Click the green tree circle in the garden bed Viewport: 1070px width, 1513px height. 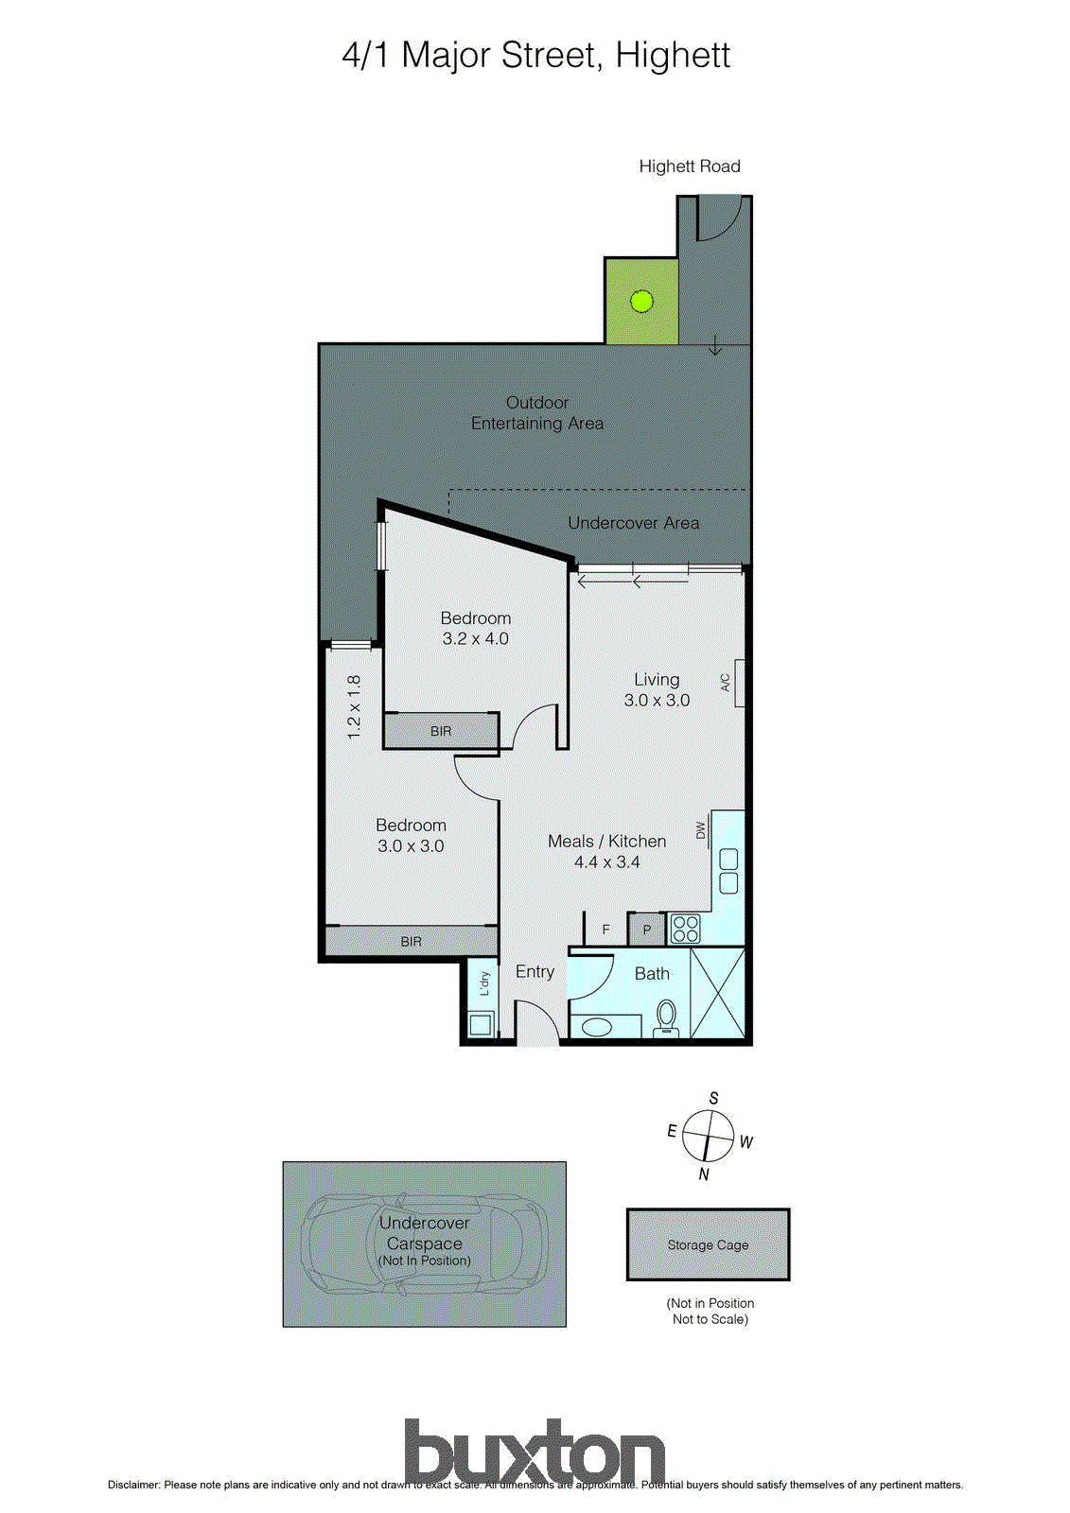[641, 302]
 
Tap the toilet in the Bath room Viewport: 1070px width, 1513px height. [666, 1017]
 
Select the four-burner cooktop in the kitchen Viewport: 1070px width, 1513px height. [685, 929]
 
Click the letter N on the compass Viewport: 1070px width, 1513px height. [704, 1174]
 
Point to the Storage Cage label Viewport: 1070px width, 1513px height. [708, 1245]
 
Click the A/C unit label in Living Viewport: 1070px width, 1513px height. [726, 683]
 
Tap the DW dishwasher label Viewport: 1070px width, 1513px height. [701, 830]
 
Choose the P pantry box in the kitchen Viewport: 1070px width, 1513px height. [647, 930]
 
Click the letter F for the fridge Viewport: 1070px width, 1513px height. [606, 930]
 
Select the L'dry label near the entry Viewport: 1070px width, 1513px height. [484, 983]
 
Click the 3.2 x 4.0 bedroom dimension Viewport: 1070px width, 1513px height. [475, 639]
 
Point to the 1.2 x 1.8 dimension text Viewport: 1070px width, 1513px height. [354, 706]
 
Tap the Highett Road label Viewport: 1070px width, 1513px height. [690, 166]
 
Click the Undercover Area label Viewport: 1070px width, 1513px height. [633, 523]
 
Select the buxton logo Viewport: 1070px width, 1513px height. [535, 1452]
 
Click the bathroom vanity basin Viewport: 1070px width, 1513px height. [598, 1026]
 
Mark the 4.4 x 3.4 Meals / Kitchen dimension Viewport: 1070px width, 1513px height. [606, 862]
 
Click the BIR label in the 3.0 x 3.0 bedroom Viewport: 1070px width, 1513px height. [411, 942]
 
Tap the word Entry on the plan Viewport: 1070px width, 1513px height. [535, 971]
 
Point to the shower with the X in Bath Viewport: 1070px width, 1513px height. [717, 993]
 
